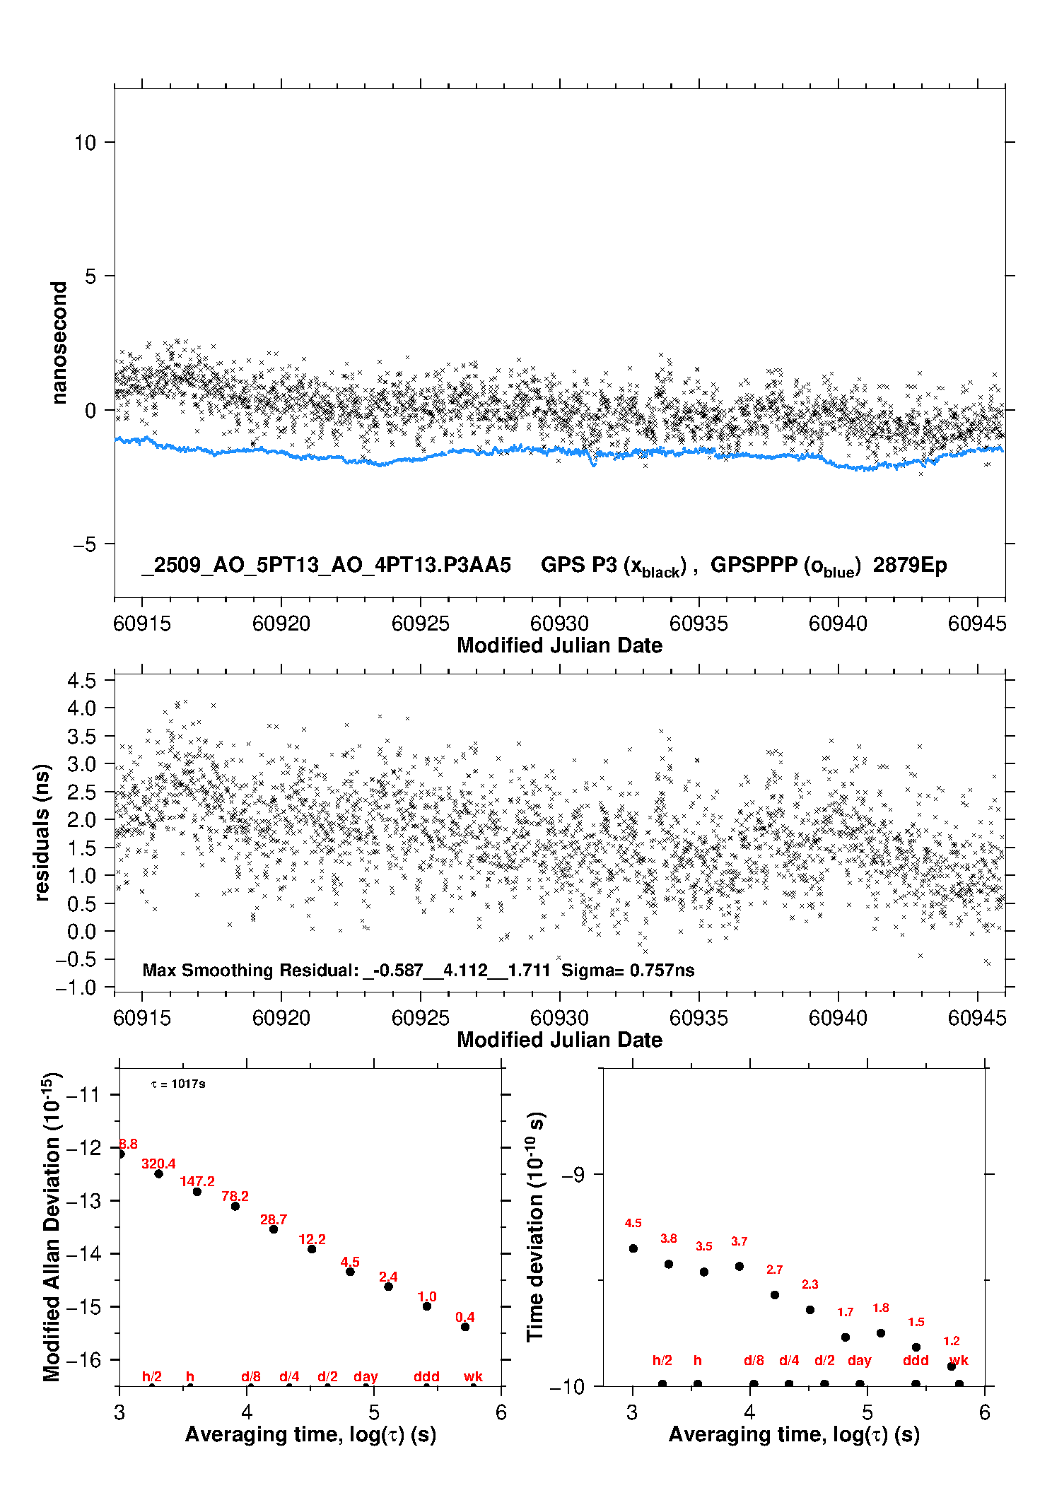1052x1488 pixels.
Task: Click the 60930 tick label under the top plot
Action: point(559,623)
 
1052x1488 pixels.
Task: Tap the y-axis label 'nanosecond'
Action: point(59,343)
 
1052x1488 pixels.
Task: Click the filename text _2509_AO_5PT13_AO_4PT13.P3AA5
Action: point(326,565)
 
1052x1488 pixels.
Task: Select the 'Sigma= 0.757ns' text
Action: point(628,970)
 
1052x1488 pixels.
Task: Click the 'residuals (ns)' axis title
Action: point(42,832)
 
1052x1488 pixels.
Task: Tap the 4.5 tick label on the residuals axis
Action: point(81,681)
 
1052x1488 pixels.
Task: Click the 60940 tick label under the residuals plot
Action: point(838,1018)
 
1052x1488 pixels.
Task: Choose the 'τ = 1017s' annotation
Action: point(178,1084)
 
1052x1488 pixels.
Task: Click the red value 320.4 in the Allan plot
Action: point(158,1164)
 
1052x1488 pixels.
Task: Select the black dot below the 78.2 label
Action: point(235,1206)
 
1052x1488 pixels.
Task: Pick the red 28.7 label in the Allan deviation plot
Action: point(274,1219)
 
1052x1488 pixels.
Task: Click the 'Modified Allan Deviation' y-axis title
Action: point(52,1226)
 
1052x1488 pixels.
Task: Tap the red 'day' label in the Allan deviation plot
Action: point(366,1376)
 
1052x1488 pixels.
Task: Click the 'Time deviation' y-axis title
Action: point(535,1226)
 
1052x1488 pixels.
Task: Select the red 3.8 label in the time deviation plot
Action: point(668,1238)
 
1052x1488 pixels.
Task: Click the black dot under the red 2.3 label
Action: point(810,1310)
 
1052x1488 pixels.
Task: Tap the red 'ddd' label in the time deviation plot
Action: point(916,1360)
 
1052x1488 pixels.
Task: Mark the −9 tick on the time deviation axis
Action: point(573,1174)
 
